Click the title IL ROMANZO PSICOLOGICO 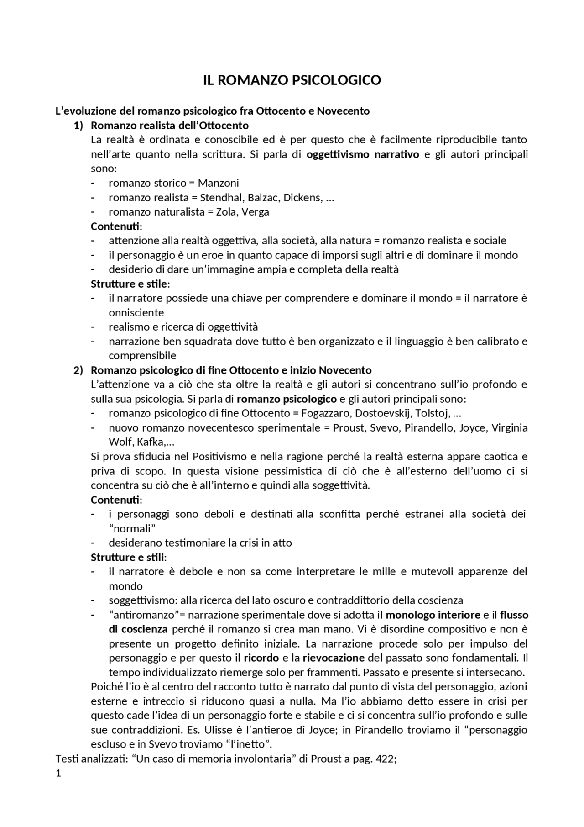click(x=292, y=80)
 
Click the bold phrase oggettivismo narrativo click(x=363, y=154)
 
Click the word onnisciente click(x=136, y=313)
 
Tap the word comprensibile click(x=142, y=356)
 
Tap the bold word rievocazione click(x=334, y=658)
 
